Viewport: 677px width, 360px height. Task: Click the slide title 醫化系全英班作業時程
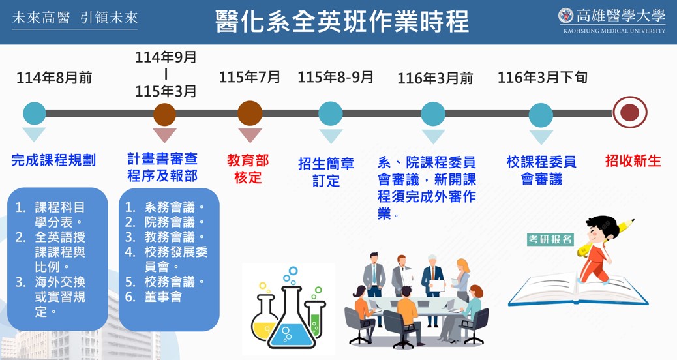pyautogui.click(x=342, y=22)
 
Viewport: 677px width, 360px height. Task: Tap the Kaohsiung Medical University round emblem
pyautogui.click(x=565, y=16)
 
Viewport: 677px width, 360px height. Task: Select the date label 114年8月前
pyautogui.click(x=54, y=78)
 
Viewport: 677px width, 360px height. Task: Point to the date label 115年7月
pyautogui.click(x=250, y=77)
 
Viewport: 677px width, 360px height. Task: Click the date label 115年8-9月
pyautogui.click(x=335, y=77)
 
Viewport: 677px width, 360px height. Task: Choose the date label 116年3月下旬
pyautogui.click(x=542, y=77)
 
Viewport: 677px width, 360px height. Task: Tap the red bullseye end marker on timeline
pyautogui.click(x=629, y=112)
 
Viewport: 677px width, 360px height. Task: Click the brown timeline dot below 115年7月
pyautogui.click(x=250, y=113)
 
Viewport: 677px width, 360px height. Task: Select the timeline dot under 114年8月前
pyautogui.click(x=35, y=113)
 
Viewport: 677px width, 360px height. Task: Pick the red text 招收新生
pyautogui.click(x=633, y=160)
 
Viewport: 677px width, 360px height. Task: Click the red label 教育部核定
pyautogui.click(x=248, y=169)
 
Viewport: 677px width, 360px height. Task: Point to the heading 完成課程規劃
pyautogui.click(x=53, y=160)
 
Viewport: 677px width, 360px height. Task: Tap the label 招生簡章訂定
pyautogui.click(x=326, y=172)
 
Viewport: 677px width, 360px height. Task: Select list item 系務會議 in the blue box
pyautogui.click(x=164, y=207)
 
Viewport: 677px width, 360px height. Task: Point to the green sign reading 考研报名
pyautogui.click(x=550, y=239)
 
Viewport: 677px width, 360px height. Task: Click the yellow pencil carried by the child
pyautogui.click(x=609, y=235)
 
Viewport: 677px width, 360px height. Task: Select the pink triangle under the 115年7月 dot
pyautogui.click(x=250, y=135)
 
